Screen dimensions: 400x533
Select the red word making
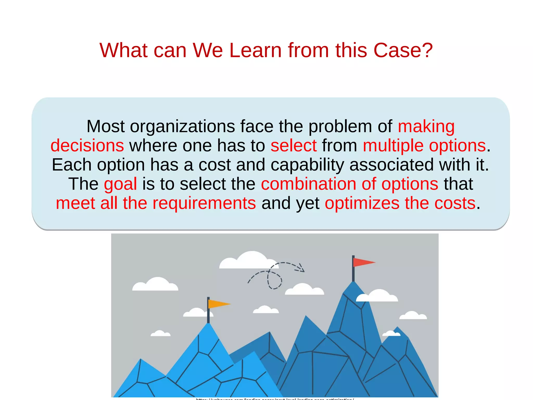[426, 127]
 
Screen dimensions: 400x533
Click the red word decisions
[87, 146]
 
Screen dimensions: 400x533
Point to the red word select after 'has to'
[294, 146]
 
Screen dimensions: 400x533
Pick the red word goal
[120, 184]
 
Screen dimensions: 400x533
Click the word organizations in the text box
[182, 127]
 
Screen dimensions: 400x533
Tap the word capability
[307, 165]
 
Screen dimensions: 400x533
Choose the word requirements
[204, 203]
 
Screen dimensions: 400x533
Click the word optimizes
[362, 203]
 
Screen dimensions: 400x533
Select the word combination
[308, 184]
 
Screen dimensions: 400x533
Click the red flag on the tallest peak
[363, 262]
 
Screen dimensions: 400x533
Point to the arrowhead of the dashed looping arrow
[301, 268]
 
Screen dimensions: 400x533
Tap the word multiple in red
[393, 146]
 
